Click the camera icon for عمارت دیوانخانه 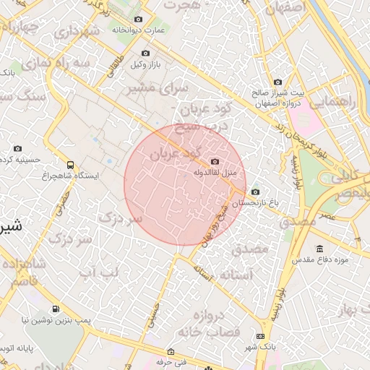(139, 20)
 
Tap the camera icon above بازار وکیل (146, 53)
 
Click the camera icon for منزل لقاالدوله (215, 162)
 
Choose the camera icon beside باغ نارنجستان (255, 192)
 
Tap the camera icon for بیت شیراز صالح (278, 82)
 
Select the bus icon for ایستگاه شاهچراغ (71, 164)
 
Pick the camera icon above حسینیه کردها (18, 149)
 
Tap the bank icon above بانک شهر (260, 336)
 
